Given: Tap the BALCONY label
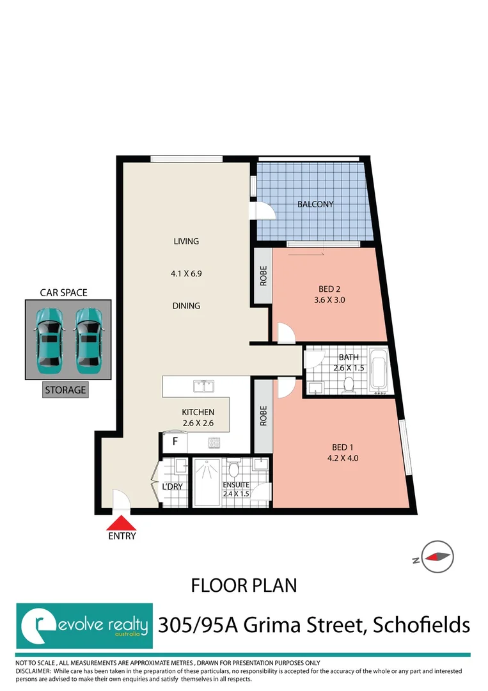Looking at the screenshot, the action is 315,204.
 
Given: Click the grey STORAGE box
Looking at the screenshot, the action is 65,390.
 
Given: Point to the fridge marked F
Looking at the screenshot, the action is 175,442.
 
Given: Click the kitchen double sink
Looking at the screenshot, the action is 203,386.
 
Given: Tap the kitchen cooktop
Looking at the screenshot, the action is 214,443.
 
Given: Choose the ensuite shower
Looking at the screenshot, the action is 207,482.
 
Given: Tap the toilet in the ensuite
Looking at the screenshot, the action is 234,468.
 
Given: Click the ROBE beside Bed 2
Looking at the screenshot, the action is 263,276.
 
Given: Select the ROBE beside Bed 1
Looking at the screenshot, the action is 263,416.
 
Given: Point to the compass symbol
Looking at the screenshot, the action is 437,557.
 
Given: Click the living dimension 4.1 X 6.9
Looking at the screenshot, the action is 186,274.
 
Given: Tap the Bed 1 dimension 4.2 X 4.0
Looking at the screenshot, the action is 343,458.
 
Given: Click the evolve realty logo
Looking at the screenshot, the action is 84,626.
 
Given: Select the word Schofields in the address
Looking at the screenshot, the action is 421,625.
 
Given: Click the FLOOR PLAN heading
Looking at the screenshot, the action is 244,585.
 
